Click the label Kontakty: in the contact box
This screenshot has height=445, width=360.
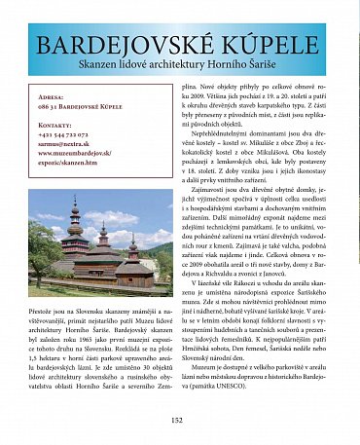click(56, 126)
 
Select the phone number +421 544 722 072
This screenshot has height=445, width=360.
click(64, 134)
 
